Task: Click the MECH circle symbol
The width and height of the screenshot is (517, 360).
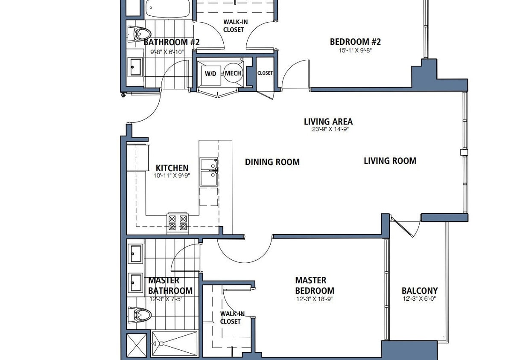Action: [x=233, y=73]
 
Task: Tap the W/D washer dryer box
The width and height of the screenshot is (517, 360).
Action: [x=210, y=73]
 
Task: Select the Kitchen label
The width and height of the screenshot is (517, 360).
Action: [x=172, y=168]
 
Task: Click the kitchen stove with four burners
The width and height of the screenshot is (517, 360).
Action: [x=178, y=222]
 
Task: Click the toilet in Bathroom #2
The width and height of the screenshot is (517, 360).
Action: [x=140, y=33]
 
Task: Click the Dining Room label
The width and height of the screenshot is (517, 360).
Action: [x=272, y=162]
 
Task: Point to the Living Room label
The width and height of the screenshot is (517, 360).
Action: [x=390, y=161]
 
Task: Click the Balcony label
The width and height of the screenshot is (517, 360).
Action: [x=419, y=291]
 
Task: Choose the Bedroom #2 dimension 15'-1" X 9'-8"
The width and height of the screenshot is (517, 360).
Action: [x=355, y=50]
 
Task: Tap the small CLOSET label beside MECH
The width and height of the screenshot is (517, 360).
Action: [x=265, y=73]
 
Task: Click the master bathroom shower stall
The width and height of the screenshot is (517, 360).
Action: [x=175, y=344]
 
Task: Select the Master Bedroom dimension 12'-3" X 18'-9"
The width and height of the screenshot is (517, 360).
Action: [x=314, y=299]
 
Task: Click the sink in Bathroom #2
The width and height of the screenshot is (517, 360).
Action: [x=136, y=67]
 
